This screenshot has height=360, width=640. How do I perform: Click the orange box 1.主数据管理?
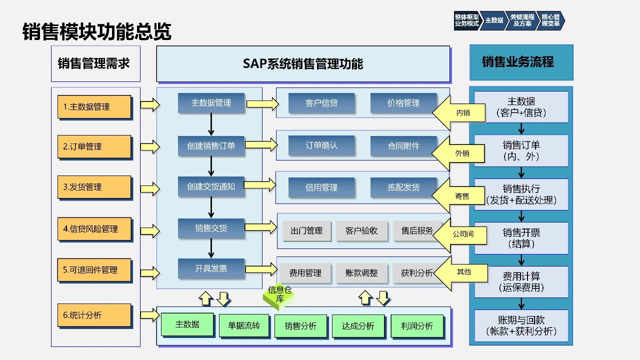(94, 107)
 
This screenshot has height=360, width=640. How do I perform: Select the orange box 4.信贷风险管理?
(94, 229)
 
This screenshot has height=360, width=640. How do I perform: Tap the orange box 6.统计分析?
(94, 315)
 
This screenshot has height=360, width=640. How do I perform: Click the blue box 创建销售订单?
(211, 146)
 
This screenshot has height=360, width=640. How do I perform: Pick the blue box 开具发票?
(211, 268)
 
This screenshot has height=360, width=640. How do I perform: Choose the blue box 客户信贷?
(321, 103)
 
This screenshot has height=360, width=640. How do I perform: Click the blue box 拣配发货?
(403, 187)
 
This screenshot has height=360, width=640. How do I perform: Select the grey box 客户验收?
(361, 231)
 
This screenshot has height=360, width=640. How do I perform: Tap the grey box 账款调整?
(361, 273)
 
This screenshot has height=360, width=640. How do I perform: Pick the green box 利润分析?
(417, 326)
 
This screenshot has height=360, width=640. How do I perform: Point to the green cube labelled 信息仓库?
(279, 296)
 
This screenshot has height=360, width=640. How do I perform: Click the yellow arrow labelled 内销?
(460, 113)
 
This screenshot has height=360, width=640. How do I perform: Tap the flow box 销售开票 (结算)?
(521, 238)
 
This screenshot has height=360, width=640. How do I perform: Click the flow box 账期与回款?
(521, 325)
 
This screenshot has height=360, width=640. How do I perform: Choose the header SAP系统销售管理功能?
(303, 64)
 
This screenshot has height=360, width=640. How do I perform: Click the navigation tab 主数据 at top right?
(494, 20)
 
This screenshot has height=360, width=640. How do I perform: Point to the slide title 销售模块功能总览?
(97, 31)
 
